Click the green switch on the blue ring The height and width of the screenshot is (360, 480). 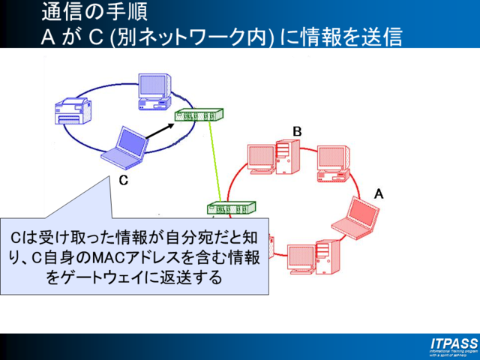tap(199, 115)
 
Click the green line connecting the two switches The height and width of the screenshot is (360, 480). tap(217, 161)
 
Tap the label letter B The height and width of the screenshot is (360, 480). tap(297, 132)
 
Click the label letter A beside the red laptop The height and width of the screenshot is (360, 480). tap(379, 193)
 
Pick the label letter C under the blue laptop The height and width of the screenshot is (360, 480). tap(123, 180)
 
